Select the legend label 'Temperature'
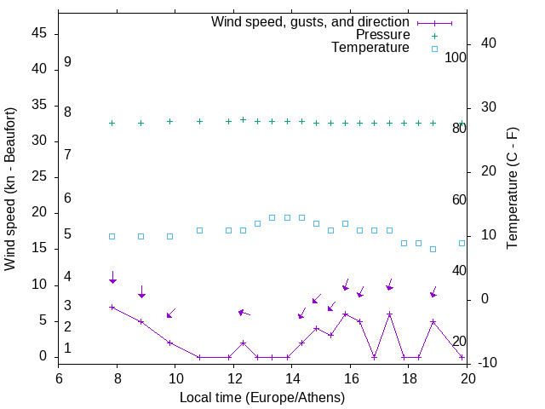370,48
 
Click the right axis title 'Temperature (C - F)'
513,189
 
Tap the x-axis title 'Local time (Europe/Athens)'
262,397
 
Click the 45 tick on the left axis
38,34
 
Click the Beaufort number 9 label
67,62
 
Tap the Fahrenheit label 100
456,58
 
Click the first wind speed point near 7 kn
112,307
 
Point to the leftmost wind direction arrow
112,277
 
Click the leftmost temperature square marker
112,236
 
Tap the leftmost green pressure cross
112,123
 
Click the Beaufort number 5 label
67,234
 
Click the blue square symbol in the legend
434,49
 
